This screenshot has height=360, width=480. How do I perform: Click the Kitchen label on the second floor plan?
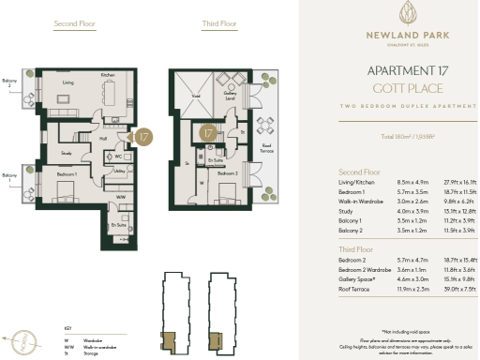pos(108,75)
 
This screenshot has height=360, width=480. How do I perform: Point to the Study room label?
pos(67,152)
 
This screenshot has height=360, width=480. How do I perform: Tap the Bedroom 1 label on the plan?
pos(65,175)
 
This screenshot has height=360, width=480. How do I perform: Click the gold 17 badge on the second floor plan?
pos(143,137)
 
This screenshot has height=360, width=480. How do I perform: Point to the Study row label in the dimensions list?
pos(345,212)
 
